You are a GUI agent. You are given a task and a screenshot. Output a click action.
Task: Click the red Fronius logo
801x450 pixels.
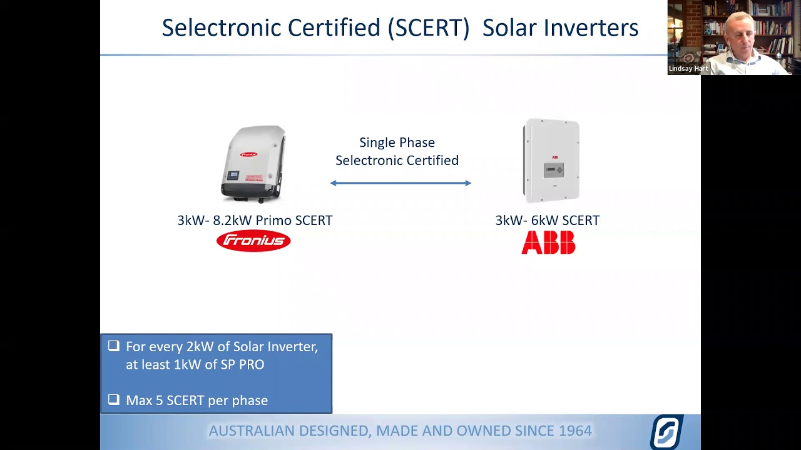pos(253,241)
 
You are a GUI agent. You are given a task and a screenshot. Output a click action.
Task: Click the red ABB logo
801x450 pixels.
pos(548,242)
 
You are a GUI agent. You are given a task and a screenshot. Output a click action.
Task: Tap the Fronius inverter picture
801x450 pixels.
pos(254,164)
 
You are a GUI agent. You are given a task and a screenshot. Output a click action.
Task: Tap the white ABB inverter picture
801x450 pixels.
pos(551,161)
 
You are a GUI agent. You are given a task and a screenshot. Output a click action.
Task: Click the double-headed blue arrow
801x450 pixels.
pos(400,183)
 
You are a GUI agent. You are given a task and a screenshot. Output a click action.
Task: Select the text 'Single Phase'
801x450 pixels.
pos(397,142)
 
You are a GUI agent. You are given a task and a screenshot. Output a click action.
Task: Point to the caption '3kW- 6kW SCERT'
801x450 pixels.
pos(547,220)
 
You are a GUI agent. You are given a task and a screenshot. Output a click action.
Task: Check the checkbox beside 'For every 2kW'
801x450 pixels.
pos(113,346)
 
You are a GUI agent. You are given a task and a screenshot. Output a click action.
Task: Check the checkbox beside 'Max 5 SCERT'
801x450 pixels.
pos(113,399)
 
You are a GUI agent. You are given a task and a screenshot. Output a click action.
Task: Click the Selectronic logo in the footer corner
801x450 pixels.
pos(666,431)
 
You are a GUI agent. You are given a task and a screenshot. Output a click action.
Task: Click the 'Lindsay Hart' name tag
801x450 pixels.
pos(688,69)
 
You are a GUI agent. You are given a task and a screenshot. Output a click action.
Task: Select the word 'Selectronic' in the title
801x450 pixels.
pos(221,28)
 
